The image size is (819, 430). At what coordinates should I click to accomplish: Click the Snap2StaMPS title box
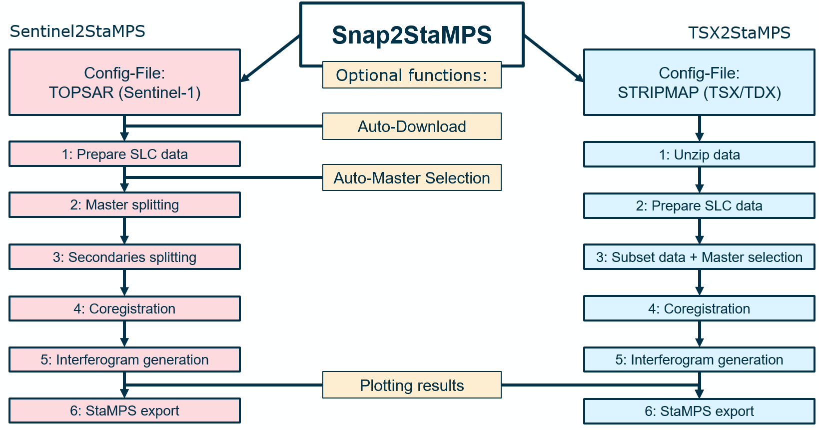(x=411, y=34)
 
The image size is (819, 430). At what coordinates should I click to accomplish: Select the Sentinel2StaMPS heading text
(x=77, y=31)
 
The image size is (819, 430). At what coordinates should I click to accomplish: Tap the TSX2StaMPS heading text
(x=739, y=33)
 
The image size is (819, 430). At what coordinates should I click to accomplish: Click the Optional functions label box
(x=411, y=75)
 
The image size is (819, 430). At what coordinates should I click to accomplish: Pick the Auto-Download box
(x=411, y=126)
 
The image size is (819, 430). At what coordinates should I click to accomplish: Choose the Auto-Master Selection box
(x=411, y=178)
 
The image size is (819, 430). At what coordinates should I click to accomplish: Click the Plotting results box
(x=411, y=385)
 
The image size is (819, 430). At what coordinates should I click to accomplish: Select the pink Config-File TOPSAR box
(x=124, y=82)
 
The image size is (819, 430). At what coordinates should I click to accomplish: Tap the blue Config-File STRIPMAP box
(x=699, y=82)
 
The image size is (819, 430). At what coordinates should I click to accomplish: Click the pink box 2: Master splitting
(x=124, y=205)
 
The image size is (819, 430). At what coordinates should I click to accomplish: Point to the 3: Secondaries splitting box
(x=124, y=257)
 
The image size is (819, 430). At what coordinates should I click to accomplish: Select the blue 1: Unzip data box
(x=699, y=154)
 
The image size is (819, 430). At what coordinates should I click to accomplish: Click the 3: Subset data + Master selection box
(x=699, y=257)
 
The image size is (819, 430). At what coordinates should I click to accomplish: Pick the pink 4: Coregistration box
(x=124, y=308)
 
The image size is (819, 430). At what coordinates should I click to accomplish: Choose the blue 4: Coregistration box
(x=699, y=308)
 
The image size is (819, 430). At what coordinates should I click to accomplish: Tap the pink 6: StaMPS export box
(x=124, y=410)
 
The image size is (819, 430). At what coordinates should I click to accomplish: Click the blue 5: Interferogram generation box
(x=699, y=359)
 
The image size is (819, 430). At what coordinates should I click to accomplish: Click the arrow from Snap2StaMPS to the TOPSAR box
(x=270, y=58)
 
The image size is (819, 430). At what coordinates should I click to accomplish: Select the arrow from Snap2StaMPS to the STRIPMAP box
(x=554, y=58)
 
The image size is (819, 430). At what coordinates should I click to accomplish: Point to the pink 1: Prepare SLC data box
(x=124, y=154)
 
